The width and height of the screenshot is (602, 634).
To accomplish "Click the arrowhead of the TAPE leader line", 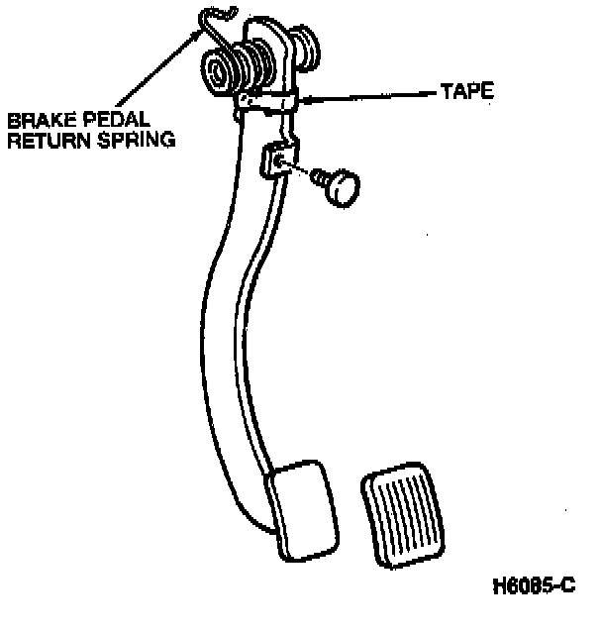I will click(x=305, y=98).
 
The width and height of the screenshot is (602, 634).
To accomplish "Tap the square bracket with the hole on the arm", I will click(x=277, y=161).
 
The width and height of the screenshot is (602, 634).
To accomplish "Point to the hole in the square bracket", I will click(x=283, y=162).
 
